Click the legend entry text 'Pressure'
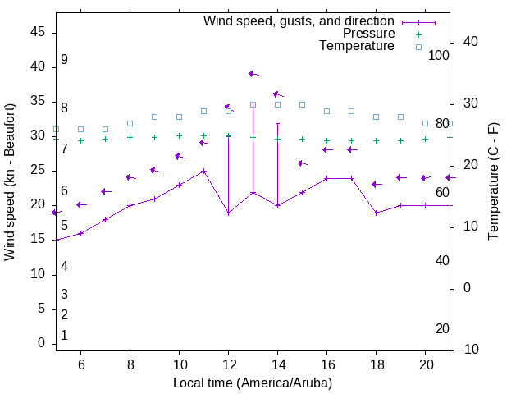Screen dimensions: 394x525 point(368,34)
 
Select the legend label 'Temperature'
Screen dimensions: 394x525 point(357,46)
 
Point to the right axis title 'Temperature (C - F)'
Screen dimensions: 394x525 point(493,182)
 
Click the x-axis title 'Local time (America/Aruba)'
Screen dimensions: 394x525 point(253,383)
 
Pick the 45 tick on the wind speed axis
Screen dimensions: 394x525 point(38,32)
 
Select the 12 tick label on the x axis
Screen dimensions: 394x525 point(228,364)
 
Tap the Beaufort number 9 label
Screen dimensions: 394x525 point(64,60)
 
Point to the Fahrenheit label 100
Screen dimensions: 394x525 point(439,55)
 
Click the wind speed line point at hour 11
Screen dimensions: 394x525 point(203,171)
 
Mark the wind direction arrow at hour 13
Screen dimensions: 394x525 point(253,74)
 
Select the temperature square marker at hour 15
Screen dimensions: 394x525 point(302,104)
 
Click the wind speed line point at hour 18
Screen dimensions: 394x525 point(376,213)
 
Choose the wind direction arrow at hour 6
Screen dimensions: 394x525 point(80,204)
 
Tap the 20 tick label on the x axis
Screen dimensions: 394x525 point(425,364)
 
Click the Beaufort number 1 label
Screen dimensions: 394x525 point(64,335)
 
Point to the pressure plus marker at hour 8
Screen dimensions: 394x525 point(130,137)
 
